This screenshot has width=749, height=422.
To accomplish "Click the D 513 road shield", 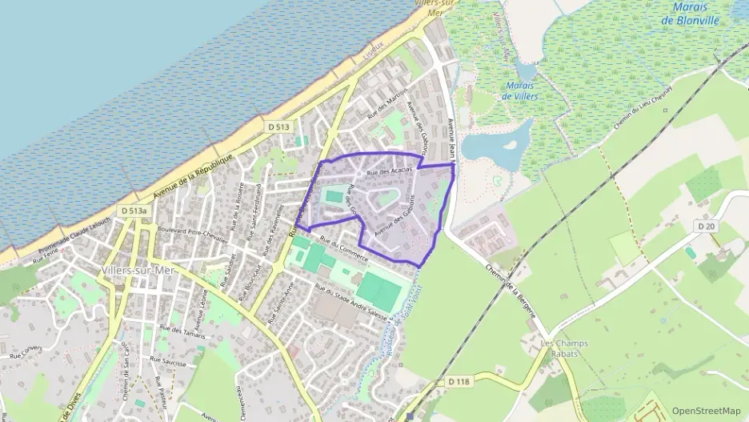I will point(278,127).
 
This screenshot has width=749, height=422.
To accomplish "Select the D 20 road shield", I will point(705,227).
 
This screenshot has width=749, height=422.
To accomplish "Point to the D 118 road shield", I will point(459,382).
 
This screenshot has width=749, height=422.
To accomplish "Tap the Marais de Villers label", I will point(520,90).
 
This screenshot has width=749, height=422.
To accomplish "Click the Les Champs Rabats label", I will point(564,349).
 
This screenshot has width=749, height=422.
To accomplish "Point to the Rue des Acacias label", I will point(389,171).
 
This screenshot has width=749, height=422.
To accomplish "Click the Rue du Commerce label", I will point(343,251).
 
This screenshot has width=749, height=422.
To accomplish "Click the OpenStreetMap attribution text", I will point(706,411).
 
